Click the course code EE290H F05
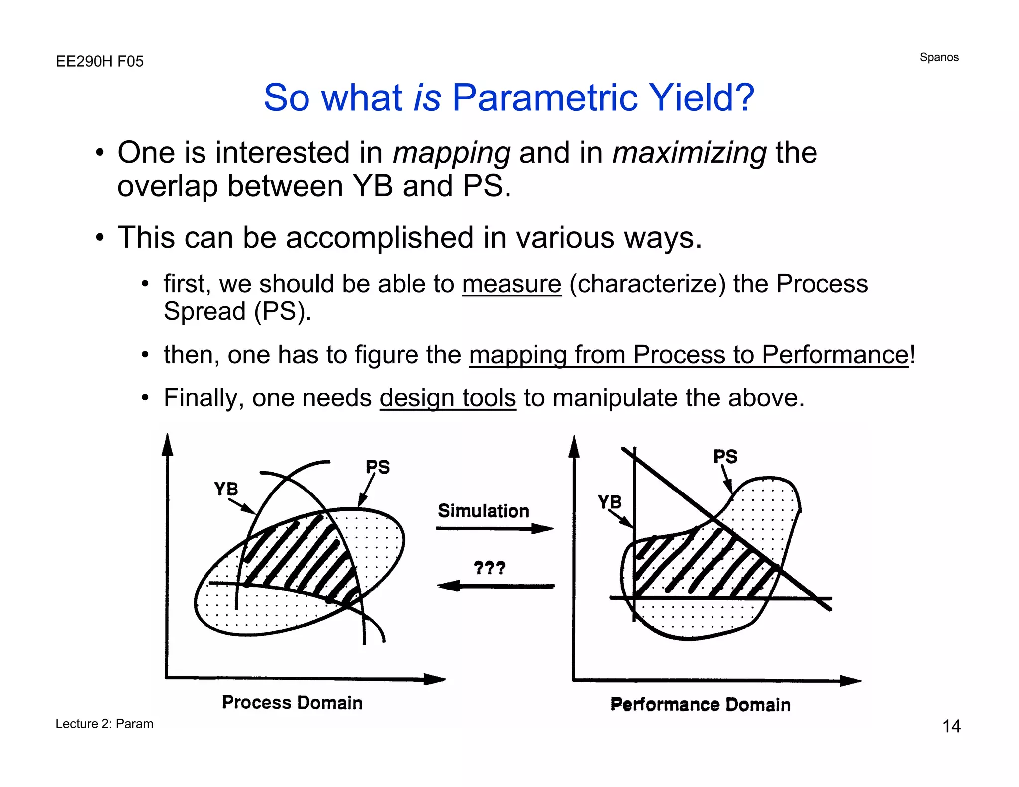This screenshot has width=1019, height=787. (x=100, y=62)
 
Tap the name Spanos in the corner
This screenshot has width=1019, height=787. (x=939, y=58)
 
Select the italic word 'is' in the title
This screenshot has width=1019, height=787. (x=427, y=98)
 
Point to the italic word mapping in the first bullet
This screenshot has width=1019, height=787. (x=451, y=153)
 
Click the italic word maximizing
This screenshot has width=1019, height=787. (x=689, y=153)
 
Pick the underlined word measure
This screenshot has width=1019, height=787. (x=511, y=285)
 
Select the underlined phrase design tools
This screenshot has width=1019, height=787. (x=448, y=398)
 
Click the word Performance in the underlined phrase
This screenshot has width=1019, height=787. (x=834, y=355)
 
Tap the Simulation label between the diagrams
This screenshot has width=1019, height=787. (x=483, y=511)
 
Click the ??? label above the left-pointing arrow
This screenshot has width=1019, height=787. (x=489, y=568)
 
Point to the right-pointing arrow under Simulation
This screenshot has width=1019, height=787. (x=495, y=528)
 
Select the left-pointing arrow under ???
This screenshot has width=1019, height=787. (x=496, y=586)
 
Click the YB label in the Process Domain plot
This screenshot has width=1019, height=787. (x=226, y=489)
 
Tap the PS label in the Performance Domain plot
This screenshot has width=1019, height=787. (x=725, y=457)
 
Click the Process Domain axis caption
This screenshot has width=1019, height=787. (x=292, y=703)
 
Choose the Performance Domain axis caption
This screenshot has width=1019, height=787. (x=701, y=705)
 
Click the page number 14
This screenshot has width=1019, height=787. (x=951, y=726)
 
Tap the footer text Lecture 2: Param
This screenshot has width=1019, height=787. (x=104, y=724)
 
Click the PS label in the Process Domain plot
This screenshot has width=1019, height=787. (x=378, y=467)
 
